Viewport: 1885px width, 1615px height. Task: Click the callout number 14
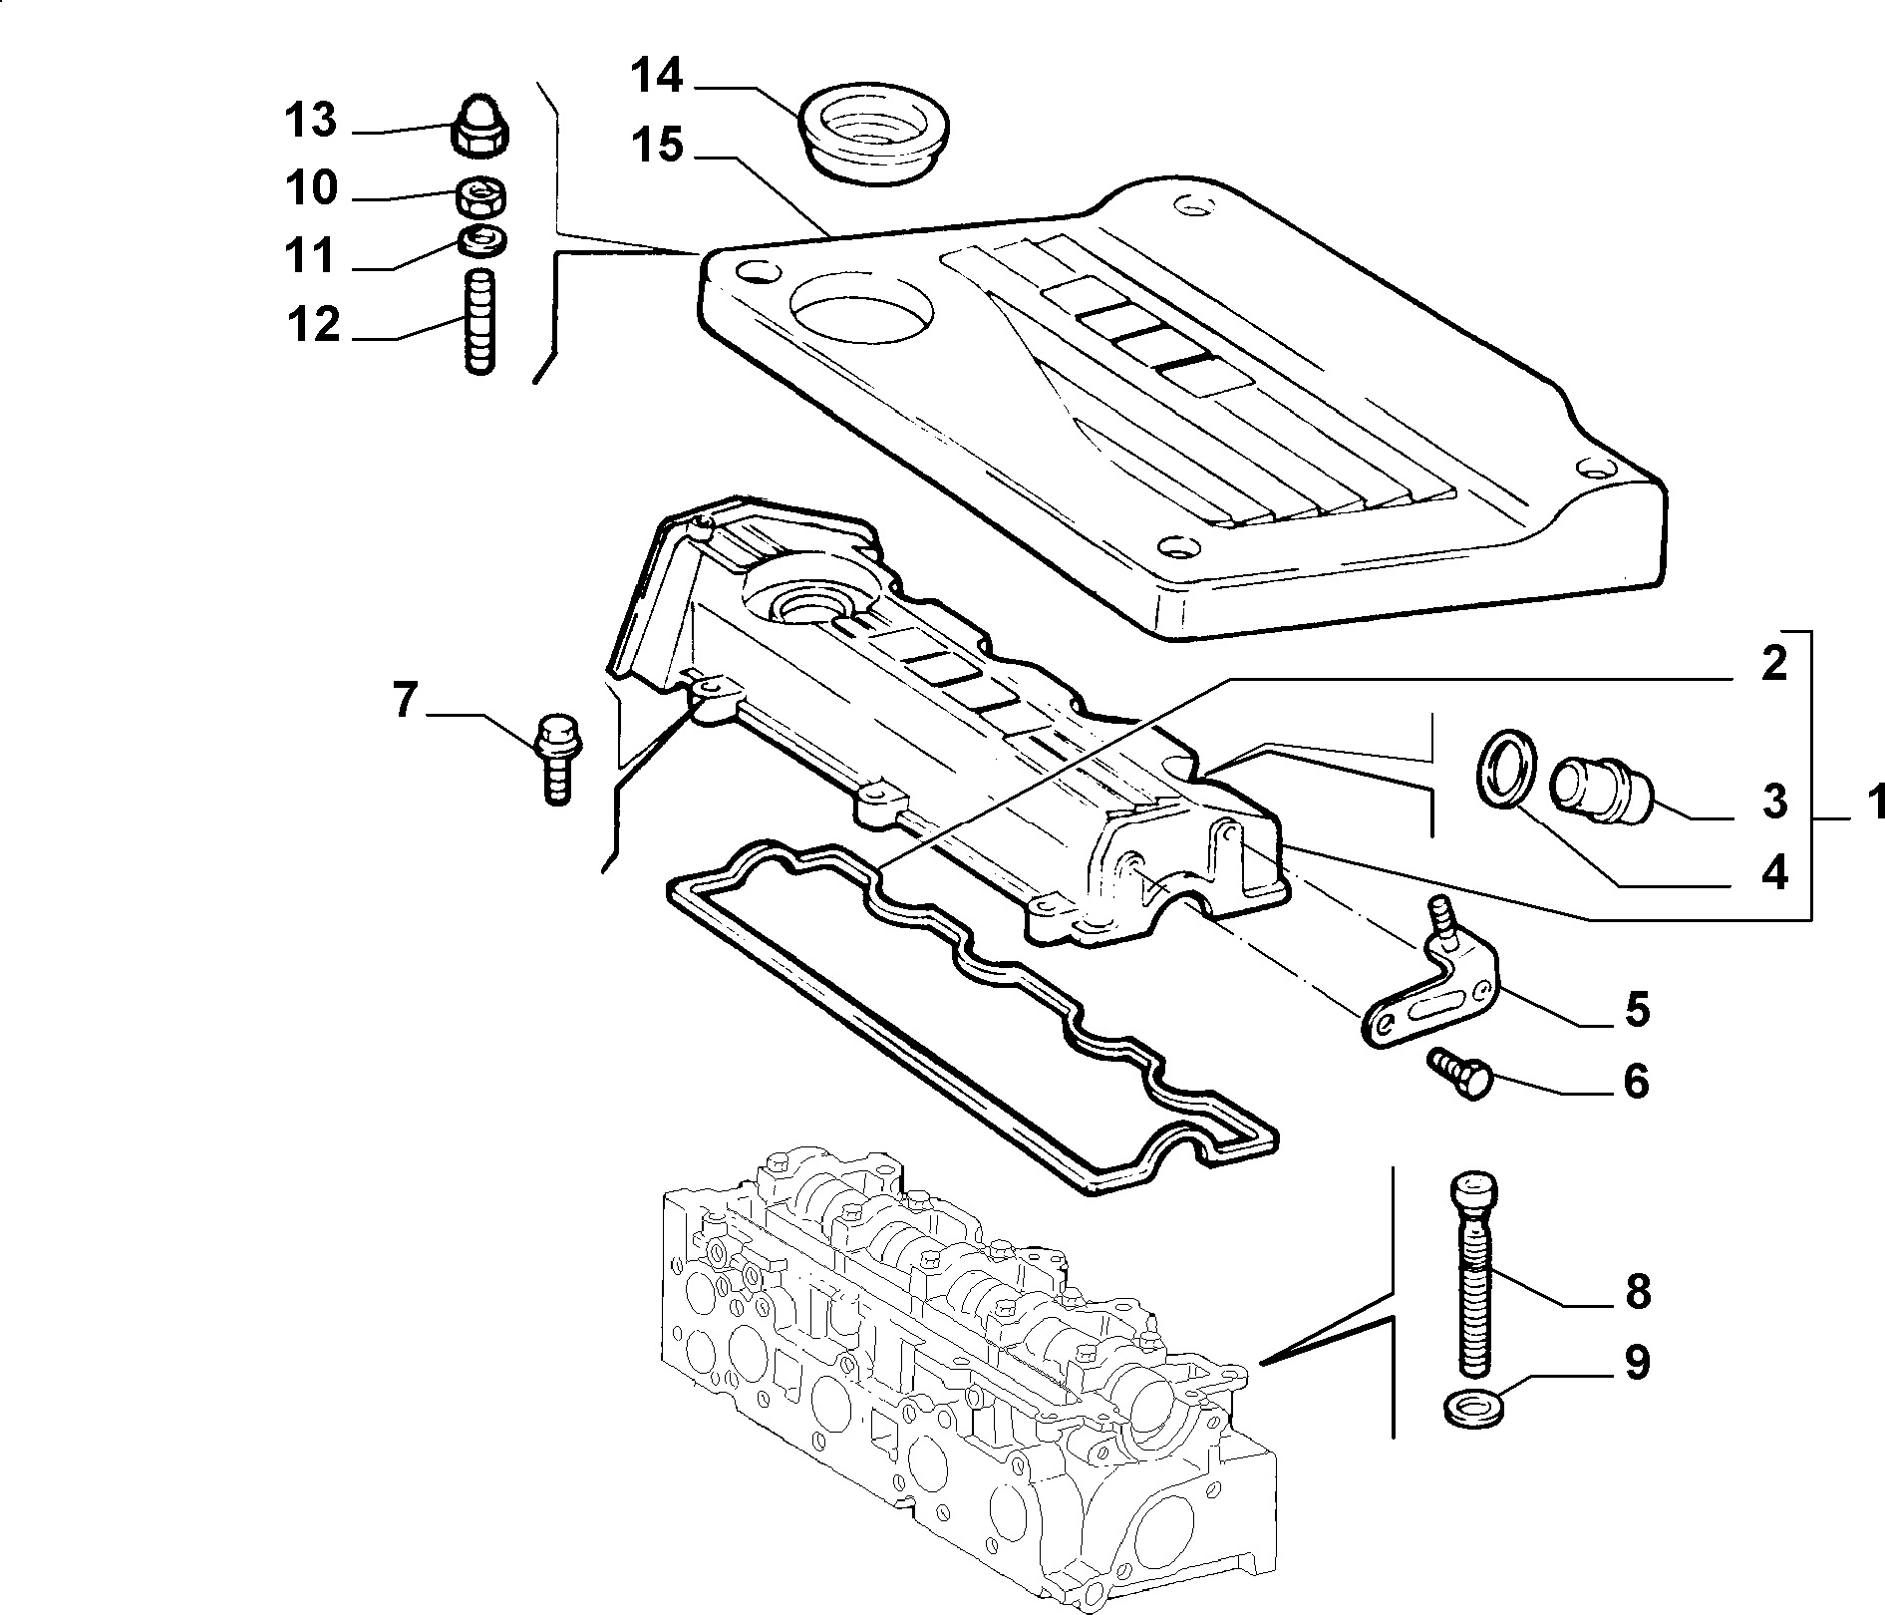(657, 77)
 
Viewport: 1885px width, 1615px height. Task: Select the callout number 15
(657, 146)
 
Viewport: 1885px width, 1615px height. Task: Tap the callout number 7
(404, 701)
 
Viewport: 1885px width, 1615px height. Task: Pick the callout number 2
(1773, 664)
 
